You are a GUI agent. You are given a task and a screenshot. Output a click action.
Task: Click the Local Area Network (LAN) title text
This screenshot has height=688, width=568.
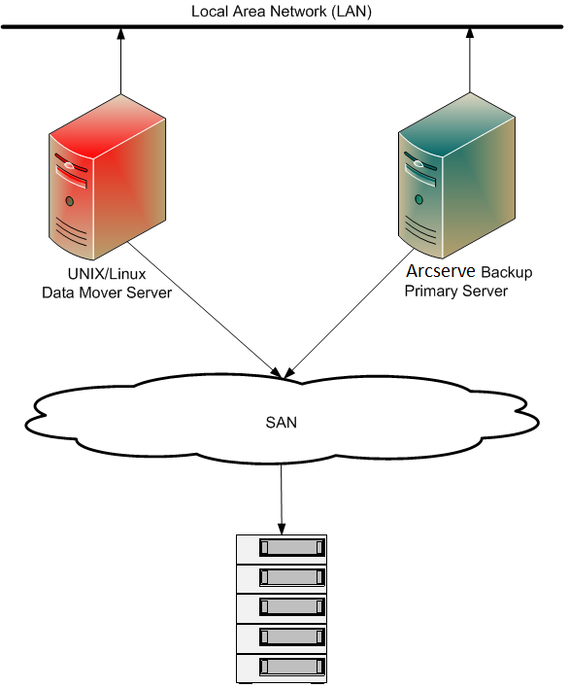[282, 12]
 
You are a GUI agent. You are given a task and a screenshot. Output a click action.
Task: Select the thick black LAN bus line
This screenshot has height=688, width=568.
[282, 26]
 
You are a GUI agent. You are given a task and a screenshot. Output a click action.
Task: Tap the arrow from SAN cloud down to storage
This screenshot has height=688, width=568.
[282, 496]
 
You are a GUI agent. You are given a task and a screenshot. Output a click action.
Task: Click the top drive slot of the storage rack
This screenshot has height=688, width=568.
[289, 548]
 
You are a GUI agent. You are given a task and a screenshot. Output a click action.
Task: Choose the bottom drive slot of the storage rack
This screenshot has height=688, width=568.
[289, 667]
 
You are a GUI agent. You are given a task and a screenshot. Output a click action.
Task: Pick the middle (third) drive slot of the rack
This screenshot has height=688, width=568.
[289, 607]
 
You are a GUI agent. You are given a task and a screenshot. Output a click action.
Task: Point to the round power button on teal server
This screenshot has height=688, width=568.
[418, 200]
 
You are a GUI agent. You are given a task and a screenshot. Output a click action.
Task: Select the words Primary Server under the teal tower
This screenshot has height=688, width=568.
[456, 291]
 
